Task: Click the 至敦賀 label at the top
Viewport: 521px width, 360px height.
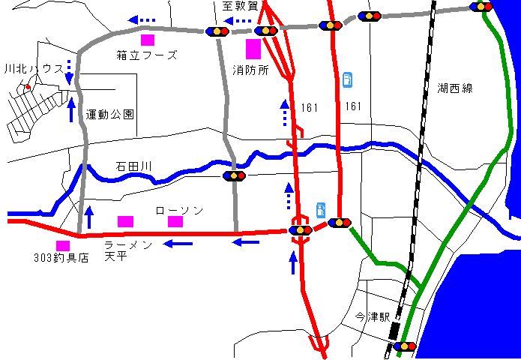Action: point(239,6)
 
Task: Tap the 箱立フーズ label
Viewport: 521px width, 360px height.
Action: point(147,55)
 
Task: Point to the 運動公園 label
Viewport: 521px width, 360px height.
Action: point(109,115)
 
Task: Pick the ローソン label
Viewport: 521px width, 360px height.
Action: point(178,211)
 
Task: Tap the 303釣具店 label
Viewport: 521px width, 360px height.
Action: point(61,257)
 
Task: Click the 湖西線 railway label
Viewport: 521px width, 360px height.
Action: point(455,88)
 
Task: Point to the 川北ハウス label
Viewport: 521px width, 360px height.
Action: point(32,68)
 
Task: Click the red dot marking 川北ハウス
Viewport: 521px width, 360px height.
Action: point(28,88)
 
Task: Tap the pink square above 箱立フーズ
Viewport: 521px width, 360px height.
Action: point(148,40)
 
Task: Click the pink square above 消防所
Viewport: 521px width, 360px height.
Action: point(253,49)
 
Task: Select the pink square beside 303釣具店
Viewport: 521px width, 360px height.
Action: point(63,245)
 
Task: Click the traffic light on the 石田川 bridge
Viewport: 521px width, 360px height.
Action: point(235,176)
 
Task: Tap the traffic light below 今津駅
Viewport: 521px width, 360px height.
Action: point(405,346)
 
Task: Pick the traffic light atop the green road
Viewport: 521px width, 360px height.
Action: point(481,7)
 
